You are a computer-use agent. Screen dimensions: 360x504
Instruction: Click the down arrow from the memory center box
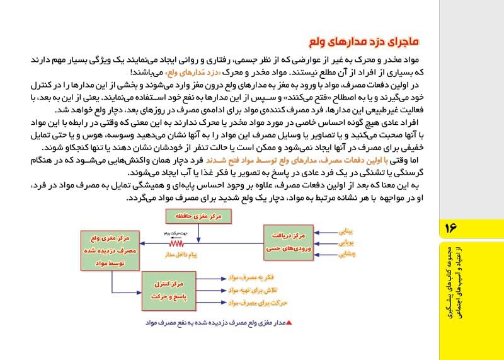pos(197,233)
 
